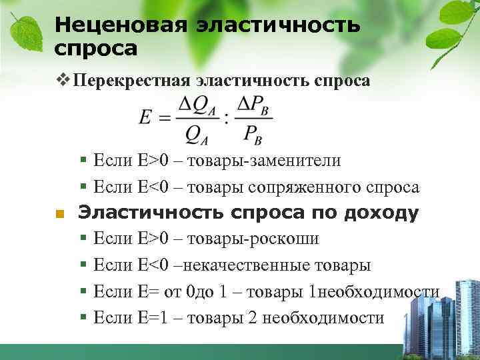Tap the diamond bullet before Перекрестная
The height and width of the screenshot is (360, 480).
[63, 81]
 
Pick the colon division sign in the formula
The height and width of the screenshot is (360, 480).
[226, 118]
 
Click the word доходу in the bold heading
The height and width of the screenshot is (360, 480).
[381, 213]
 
